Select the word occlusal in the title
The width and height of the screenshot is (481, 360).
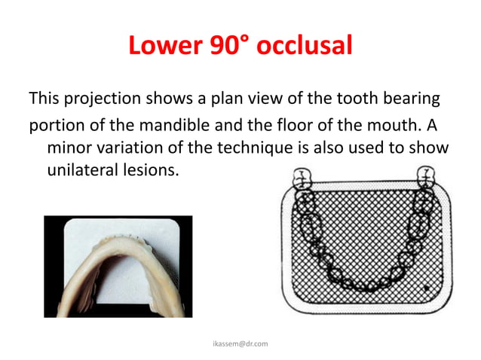[305, 47]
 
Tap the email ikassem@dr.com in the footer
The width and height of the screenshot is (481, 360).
[240, 343]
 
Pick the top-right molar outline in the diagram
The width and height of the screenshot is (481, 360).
[427, 178]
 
